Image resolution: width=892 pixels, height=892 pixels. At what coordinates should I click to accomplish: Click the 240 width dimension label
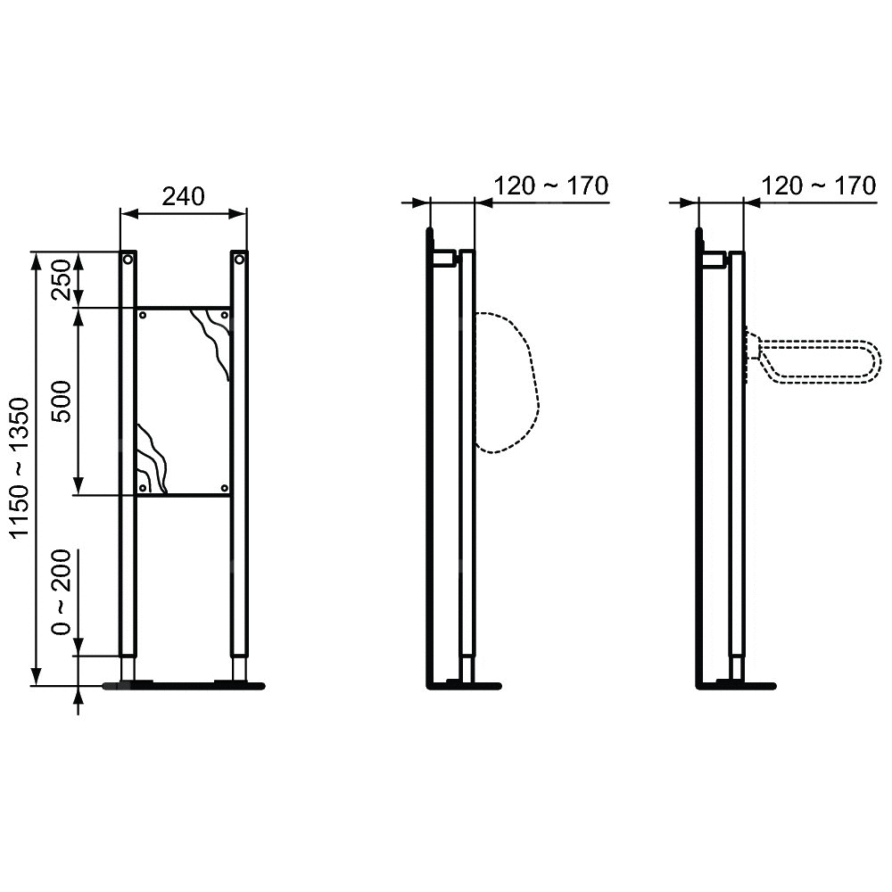click(183, 196)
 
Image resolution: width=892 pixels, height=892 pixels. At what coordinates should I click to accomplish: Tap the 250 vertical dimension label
click(62, 279)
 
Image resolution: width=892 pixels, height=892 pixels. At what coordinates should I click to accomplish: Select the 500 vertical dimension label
click(62, 401)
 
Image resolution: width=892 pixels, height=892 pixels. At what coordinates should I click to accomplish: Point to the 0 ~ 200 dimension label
click(62, 591)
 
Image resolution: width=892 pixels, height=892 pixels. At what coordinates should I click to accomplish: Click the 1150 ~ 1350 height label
click(20, 467)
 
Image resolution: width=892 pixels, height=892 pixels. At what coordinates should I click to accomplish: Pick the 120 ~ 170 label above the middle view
click(550, 186)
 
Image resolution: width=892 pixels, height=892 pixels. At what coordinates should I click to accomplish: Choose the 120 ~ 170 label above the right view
click(818, 186)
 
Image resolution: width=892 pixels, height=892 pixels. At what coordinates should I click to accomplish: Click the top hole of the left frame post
click(128, 260)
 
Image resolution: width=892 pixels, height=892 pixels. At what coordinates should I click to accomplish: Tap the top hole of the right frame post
click(239, 260)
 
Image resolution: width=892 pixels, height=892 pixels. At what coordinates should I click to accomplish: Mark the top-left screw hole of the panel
click(143, 315)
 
